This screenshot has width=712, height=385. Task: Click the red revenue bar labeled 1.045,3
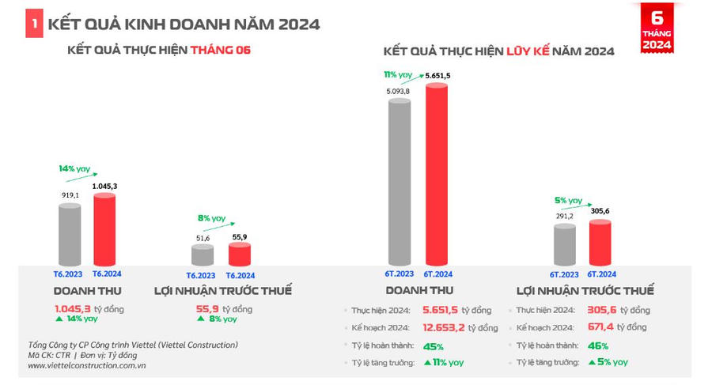104,229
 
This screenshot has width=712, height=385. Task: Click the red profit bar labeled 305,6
600,243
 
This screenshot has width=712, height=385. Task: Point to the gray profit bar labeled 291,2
565,245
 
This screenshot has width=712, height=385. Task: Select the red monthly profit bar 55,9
239,254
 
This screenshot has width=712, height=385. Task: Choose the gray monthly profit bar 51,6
203,255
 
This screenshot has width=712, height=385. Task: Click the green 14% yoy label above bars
74,168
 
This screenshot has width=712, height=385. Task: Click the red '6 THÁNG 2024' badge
657,28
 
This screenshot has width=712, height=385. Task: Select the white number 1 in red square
34,25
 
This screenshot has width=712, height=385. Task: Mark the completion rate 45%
433,345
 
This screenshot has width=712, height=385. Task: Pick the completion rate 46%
598,345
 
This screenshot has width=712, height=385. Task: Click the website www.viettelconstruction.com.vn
86,366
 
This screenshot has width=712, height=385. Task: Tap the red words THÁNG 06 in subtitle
225,50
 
